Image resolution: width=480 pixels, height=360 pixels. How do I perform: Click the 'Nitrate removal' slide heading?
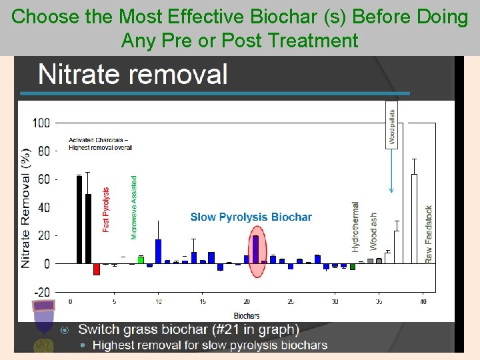tap(133, 74)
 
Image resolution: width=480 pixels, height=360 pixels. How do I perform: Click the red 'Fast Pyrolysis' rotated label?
tap(106, 209)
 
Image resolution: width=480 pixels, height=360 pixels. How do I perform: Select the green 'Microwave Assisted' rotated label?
tap(134, 207)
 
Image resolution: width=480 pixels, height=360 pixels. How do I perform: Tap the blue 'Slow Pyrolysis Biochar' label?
tap(251, 217)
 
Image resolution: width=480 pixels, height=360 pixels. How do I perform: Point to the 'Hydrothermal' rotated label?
tap(355, 227)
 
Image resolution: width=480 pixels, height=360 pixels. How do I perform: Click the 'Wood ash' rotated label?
tap(373, 232)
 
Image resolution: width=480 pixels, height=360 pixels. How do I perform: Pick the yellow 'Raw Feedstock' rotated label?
tap(429, 233)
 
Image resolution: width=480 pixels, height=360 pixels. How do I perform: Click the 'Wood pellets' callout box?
tap(391, 126)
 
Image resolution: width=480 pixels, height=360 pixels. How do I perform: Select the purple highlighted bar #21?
tap(255, 249)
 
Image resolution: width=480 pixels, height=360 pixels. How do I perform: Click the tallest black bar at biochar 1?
tap(79, 219)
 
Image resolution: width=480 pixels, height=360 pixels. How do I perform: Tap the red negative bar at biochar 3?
tap(97, 269)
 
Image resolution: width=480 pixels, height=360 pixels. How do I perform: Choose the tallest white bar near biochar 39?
tap(414, 219)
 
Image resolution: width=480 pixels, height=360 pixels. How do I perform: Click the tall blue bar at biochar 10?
tap(159, 251)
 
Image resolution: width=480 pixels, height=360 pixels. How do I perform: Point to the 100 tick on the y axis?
tap(41, 123)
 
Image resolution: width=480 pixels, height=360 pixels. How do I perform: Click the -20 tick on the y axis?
tap(41, 292)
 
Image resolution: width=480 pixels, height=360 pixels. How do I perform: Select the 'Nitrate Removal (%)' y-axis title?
tap(26, 208)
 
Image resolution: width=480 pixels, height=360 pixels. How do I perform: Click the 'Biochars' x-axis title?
tap(247, 315)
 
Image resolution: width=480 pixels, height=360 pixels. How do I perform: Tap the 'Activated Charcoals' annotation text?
tap(100, 143)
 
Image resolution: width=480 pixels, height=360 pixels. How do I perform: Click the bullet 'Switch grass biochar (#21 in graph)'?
tap(188, 329)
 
